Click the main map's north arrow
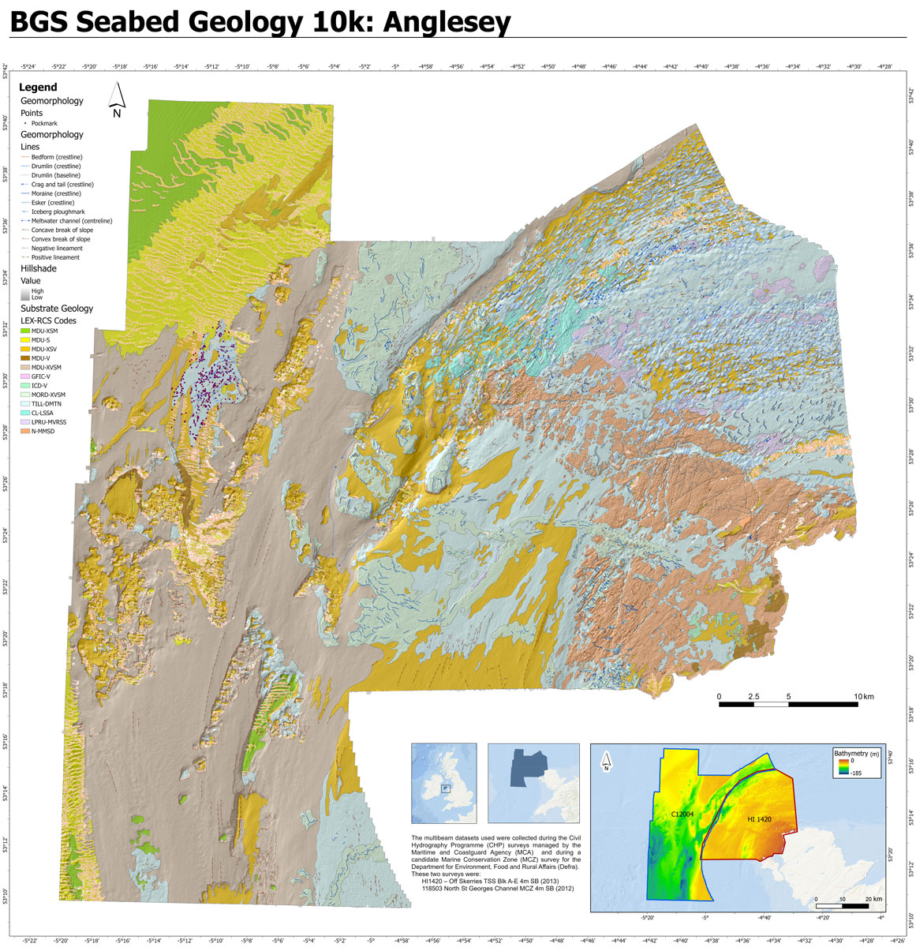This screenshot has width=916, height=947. [117, 99]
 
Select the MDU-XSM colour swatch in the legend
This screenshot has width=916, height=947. [24, 331]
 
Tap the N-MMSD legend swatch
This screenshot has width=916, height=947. [24, 432]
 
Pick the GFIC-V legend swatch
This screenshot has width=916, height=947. [24, 376]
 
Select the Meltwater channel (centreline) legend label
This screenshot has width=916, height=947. [71, 221]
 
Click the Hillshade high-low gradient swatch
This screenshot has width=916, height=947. [24, 294]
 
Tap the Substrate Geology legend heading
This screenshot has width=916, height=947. [57, 309]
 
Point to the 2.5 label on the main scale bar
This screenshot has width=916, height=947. [753, 697]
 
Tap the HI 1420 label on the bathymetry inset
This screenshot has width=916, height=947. [759, 821]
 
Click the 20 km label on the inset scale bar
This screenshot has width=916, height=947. [873, 899]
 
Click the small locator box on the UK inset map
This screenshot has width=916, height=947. [444, 788]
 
